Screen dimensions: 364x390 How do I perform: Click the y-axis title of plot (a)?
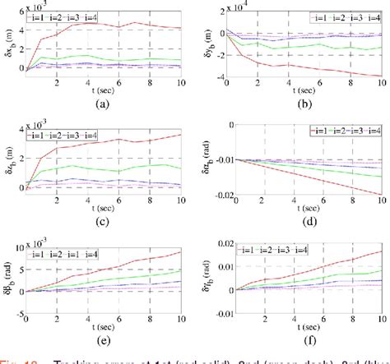pos(7,41)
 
